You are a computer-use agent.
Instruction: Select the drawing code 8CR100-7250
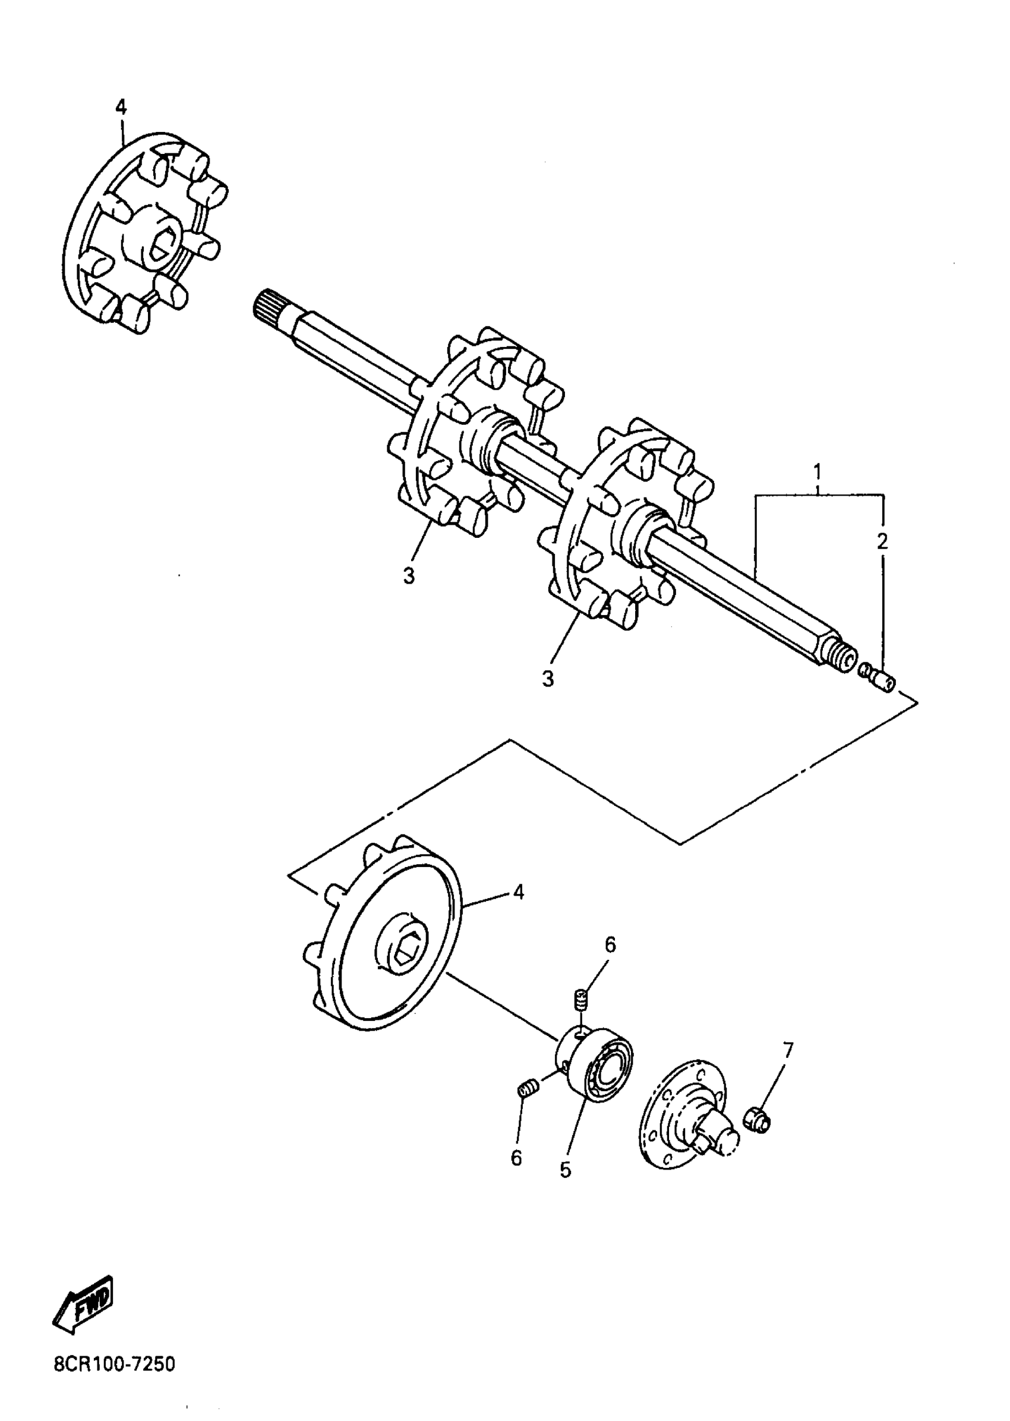[115, 1365]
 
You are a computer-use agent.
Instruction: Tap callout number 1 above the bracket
[818, 470]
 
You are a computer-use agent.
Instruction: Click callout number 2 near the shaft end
[882, 541]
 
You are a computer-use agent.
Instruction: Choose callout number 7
[788, 1050]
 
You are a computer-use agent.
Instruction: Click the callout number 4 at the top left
[121, 107]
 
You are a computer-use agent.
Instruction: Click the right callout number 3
[547, 679]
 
